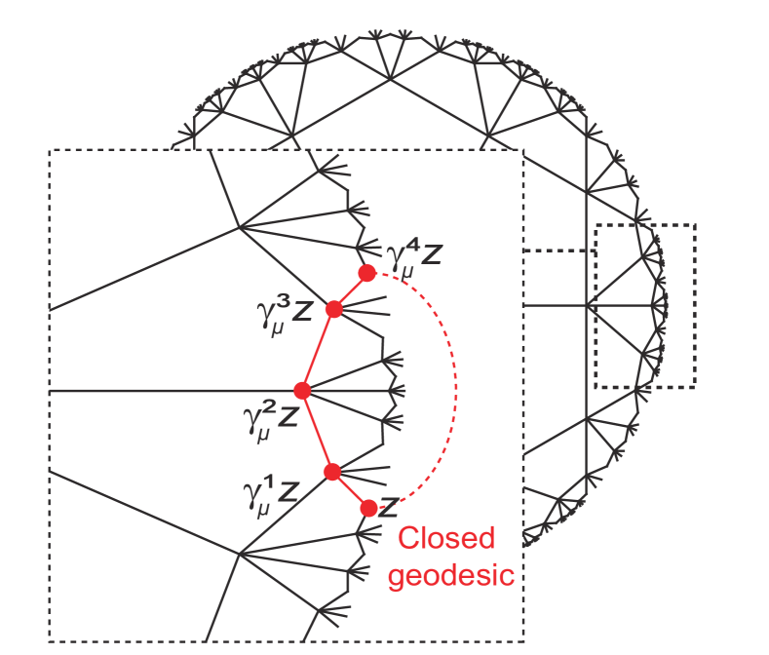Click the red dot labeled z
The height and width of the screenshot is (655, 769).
[x=368, y=507]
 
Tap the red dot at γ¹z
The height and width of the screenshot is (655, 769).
[x=332, y=472]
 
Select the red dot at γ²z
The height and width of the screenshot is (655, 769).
[x=302, y=390]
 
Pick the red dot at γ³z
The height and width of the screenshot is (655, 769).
[x=333, y=309]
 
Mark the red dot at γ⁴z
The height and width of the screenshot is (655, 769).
[x=366, y=273]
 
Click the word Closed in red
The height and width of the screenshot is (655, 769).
[x=446, y=538]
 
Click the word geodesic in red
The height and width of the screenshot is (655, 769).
[x=450, y=575]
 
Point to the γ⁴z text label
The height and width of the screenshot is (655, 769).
[x=413, y=255]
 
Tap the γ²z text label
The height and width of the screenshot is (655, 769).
[x=270, y=417]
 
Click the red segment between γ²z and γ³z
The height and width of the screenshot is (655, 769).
[x=318, y=349]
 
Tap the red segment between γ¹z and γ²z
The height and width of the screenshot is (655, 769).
[x=317, y=431]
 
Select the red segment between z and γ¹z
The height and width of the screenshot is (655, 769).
[x=351, y=489]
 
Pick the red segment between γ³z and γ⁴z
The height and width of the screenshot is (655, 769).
[x=350, y=291]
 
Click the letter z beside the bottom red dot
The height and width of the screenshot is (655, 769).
[x=389, y=508]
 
